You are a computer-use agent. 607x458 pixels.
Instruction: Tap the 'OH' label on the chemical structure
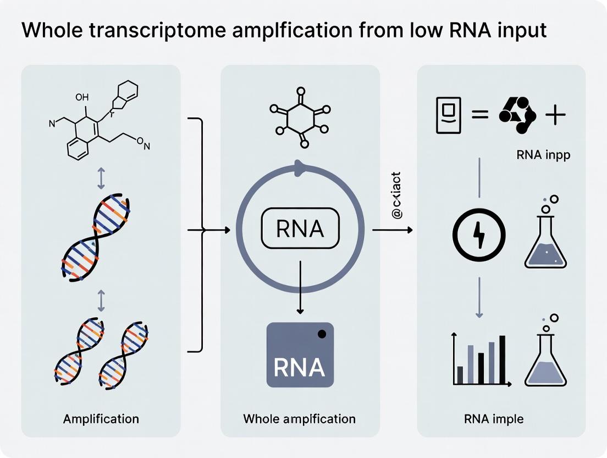point(81,97)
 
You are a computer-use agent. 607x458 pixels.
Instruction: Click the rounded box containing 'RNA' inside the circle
point(300,229)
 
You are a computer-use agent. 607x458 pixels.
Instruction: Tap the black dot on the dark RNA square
point(322,334)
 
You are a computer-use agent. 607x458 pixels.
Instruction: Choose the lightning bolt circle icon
point(478,235)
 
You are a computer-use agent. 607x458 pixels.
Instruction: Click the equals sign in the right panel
point(479,116)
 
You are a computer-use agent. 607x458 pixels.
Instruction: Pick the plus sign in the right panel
point(555,116)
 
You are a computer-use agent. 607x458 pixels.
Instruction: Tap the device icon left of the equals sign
point(448,115)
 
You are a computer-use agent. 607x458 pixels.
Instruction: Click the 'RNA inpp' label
point(543,155)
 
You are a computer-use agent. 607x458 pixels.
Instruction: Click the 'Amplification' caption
point(101,418)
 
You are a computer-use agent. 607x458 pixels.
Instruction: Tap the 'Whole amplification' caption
point(299,418)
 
